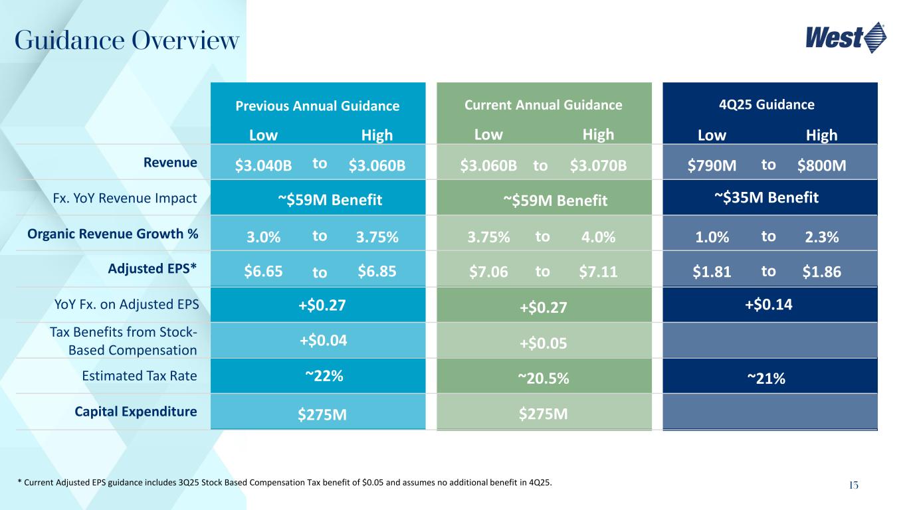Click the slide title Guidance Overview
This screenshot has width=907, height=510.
pos(126,41)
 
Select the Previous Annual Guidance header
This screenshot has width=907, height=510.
pos(318,106)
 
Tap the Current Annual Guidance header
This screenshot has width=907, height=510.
pos(544,105)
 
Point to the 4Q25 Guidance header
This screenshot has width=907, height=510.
pos(770,105)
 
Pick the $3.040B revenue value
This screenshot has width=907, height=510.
pos(263,165)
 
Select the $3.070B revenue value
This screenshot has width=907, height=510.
pos(598,165)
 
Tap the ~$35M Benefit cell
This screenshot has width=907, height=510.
pos(770,197)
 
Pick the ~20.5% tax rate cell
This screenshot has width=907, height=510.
pos(543,378)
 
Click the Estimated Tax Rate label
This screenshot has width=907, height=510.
pos(139,376)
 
